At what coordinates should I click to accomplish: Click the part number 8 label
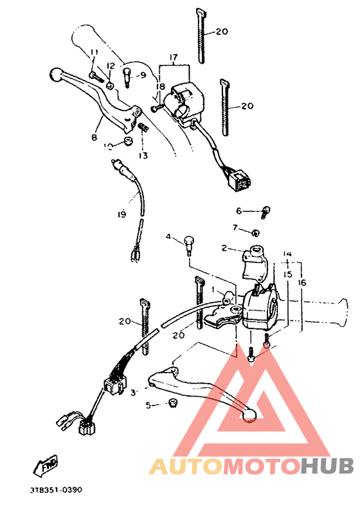coord(94,137)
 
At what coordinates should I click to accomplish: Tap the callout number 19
coord(122,214)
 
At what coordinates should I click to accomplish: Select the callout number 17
coord(173,57)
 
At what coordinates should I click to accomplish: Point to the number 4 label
coord(168,238)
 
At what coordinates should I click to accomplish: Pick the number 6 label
coord(238,211)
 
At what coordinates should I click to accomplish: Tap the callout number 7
coord(235,227)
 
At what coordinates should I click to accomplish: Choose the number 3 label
coord(133,391)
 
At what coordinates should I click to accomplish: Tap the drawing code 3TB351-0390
coord(56,490)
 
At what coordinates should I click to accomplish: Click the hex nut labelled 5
coord(171,403)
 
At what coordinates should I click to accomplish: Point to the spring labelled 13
coord(144,130)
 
